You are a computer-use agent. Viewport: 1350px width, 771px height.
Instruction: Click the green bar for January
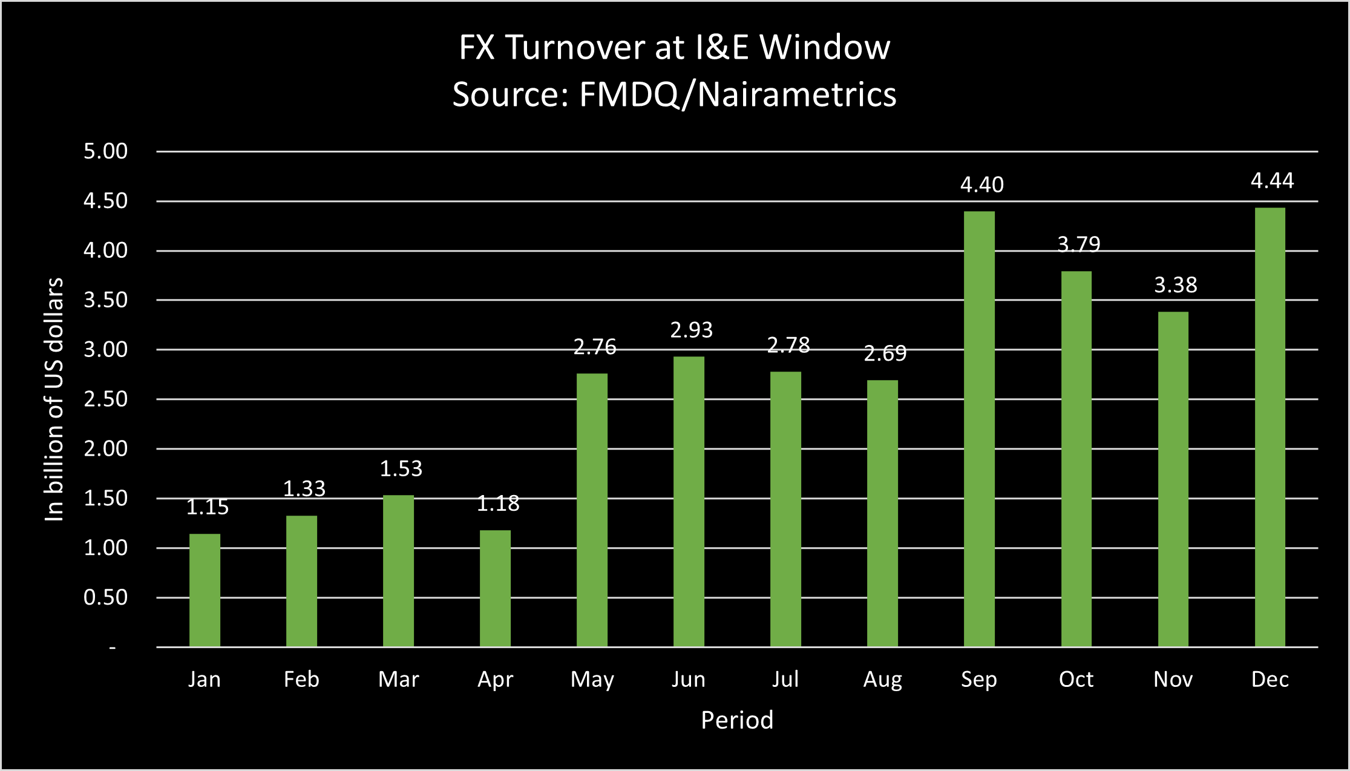coord(205,590)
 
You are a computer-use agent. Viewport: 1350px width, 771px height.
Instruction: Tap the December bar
coord(1270,427)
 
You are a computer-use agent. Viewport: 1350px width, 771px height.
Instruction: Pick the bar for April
coord(495,588)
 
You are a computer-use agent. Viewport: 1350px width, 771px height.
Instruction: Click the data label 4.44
coord(1272,180)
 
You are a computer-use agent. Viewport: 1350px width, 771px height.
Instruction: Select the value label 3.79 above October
coord(1078,244)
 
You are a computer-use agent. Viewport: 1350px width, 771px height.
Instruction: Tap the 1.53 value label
coord(401,468)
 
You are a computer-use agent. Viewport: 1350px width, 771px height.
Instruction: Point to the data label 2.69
coord(885,353)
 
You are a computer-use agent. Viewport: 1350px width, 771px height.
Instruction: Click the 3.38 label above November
coord(1175,284)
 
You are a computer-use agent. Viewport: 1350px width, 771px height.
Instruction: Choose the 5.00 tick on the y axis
coord(105,151)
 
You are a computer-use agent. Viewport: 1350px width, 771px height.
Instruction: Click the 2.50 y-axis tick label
coord(105,399)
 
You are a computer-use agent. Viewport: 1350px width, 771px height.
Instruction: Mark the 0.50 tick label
coord(105,597)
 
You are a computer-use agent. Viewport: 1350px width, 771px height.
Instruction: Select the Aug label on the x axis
coord(882,680)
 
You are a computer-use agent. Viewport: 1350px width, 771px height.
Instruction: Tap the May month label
coord(592,680)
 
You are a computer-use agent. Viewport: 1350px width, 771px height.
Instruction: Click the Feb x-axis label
coord(301,679)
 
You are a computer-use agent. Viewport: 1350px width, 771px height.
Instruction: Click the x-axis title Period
coord(737,720)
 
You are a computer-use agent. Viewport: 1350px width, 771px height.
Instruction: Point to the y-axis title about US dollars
coord(54,399)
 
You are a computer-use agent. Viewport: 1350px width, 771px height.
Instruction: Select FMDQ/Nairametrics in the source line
coord(737,94)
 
